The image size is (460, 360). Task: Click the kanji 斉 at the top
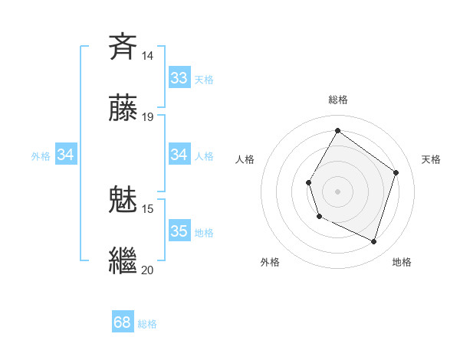123,47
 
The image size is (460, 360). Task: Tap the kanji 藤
123,108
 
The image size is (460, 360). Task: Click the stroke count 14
148,56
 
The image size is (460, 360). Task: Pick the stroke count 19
148,117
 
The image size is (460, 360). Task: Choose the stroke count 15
148,208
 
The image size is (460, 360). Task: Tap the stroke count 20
148,270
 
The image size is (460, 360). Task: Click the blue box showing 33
179,78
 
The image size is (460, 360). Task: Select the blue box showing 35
179,231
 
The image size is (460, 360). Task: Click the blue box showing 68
123,322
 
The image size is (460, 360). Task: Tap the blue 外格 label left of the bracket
41,155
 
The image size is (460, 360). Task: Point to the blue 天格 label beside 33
204,79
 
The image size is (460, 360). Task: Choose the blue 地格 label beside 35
204,232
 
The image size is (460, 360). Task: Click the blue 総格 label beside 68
148,323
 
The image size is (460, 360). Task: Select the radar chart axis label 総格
337,100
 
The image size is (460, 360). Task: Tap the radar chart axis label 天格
431,159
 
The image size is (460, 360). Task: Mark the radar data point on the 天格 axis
396,172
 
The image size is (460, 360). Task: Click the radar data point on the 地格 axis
373,241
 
